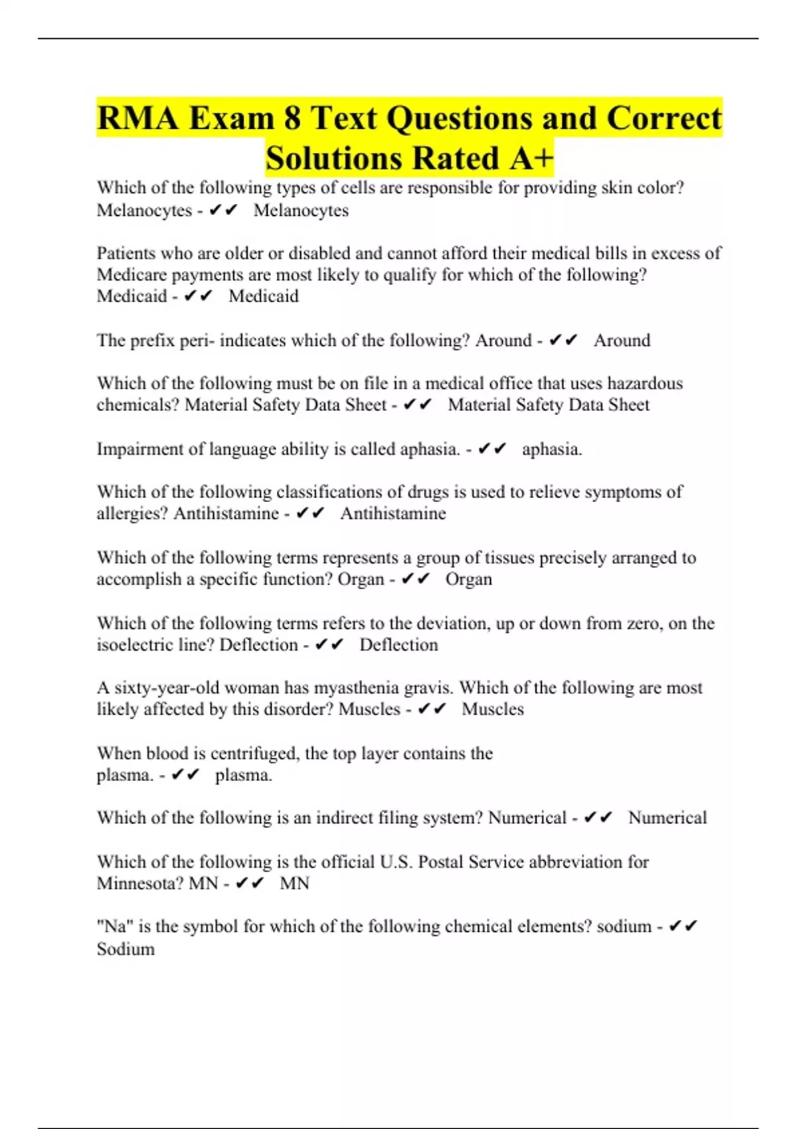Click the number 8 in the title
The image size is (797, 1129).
(x=292, y=119)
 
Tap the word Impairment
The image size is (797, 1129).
(x=140, y=450)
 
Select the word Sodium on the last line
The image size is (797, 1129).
(x=126, y=949)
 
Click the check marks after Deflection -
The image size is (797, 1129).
(x=329, y=645)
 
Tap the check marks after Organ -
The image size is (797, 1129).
(x=416, y=579)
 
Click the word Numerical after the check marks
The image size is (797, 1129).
(x=667, y=818)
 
